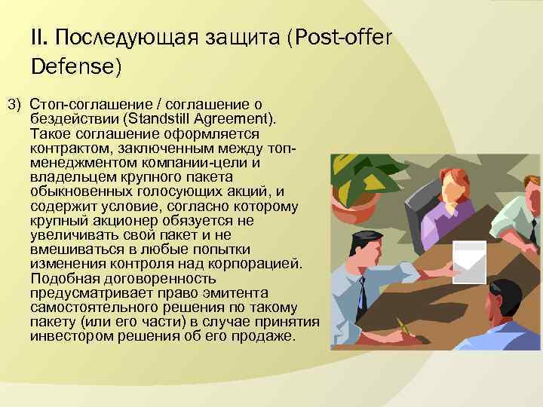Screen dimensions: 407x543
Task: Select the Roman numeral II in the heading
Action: pos(39,37)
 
